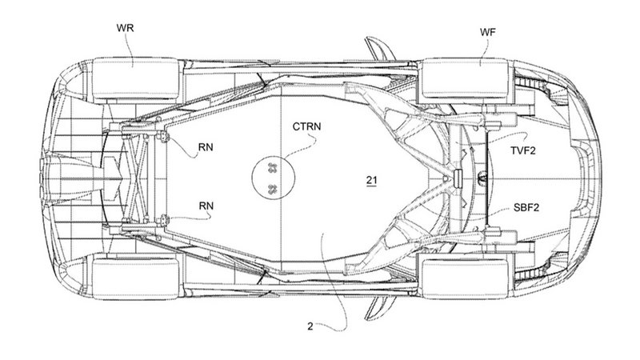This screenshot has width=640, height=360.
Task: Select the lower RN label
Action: tap(208, 206)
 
